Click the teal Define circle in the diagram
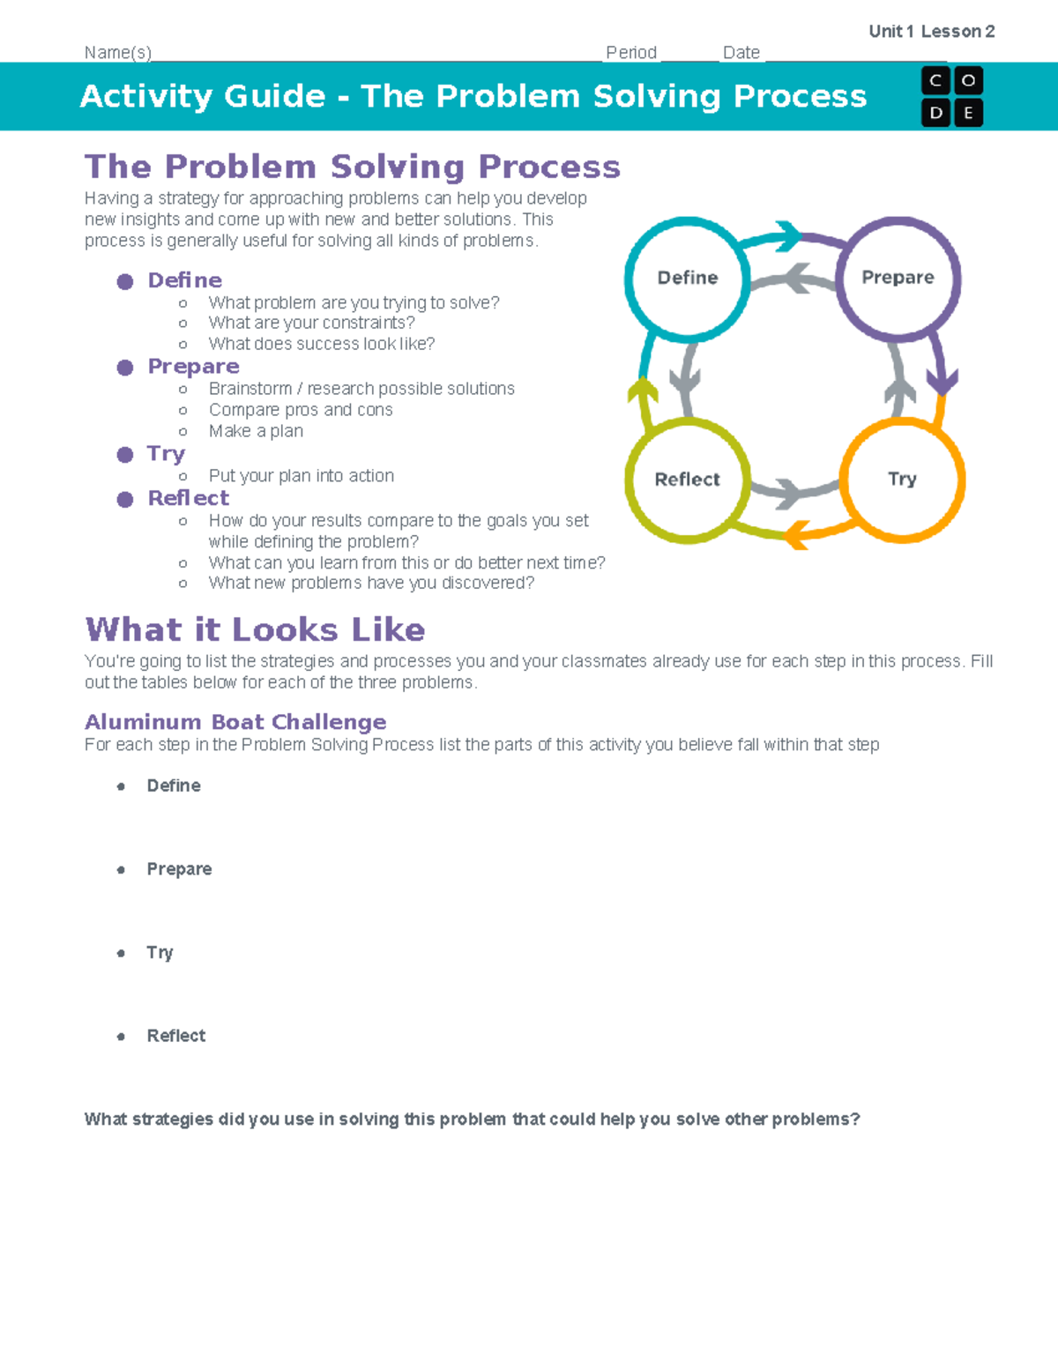tap(688, 278)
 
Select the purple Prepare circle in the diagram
tap(898, 278)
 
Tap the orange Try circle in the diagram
tap(902, 479)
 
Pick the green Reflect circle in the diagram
tap(688, 479)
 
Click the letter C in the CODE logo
tap(935, 81)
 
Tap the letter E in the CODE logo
tap(968, 113)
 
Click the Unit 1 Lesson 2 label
tap(931, 32)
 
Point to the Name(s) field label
tap(118, 53)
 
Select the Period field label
tap(631, 53)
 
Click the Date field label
tap(741, 53)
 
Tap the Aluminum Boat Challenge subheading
tap(235, 722)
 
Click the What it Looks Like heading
tap(255, 629)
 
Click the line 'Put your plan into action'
tap(301, 476)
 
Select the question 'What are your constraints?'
tap(311, 323)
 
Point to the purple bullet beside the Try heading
tap(125, 454)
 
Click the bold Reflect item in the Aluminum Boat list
tap(175, 1036)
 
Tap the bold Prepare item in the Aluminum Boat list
tap(179, 869)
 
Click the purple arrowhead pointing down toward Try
tap(942, 383)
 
